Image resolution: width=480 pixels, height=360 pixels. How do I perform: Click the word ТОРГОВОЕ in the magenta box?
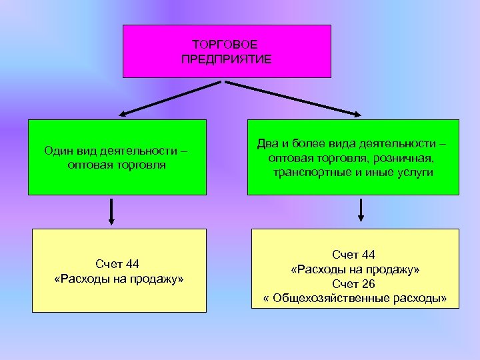[226, 44]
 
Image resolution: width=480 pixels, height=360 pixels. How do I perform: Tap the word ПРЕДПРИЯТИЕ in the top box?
[226, 59]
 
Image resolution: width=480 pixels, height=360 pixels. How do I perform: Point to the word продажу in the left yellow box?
[157, 279]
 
